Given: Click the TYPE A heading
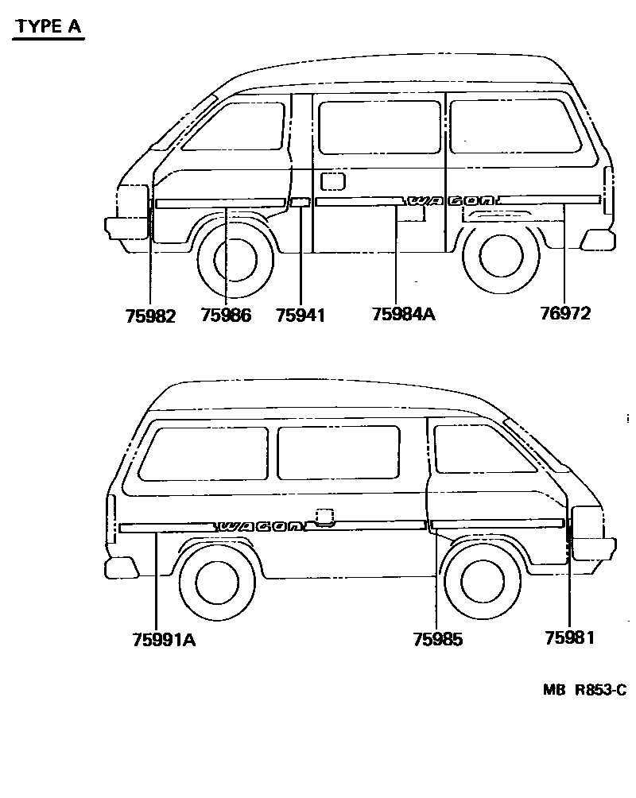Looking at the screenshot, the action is click(x=48, y=26).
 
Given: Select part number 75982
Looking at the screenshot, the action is click(x=150, y=315).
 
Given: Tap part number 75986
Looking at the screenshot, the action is click(x=226, y=315).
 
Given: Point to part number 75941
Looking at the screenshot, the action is click(x=301, y=315).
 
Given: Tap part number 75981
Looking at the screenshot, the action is click(x=570, y=637).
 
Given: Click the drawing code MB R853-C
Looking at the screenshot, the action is click(x=584, y=691).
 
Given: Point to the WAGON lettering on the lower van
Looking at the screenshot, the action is click(x=260, y=526).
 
